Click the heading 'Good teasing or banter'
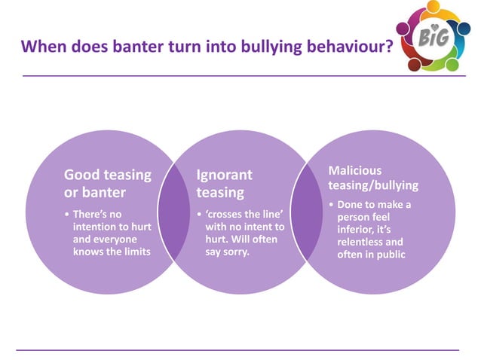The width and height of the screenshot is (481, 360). [107, 183]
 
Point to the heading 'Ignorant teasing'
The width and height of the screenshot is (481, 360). [224, 183]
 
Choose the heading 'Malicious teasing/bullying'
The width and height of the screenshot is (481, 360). [372, 178]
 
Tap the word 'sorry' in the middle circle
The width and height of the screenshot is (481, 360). [233, 252]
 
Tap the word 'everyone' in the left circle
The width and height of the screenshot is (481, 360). [124, 239]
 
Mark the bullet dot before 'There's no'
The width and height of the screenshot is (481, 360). [67, 215]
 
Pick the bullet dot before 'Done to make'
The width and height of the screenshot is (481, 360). [332, 205]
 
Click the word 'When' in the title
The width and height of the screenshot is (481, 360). [41, 47]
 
